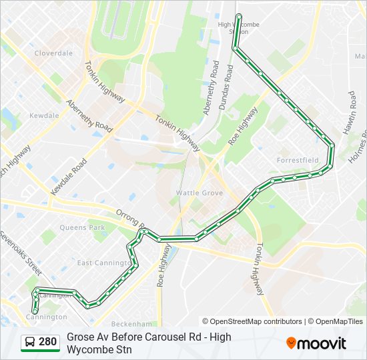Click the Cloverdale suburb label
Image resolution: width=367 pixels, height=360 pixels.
pyautogui.click(x=53, y=53)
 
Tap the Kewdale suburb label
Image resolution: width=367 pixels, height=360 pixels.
pyautogui.click(x=44, y=115)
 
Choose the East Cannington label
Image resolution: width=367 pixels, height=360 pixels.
pyautogui.click(x=103, y=263)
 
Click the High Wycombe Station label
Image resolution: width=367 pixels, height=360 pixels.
pyautogui.click(x=238, y=28)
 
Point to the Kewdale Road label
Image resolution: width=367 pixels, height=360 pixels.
pyautogui.click(x=71, y=176)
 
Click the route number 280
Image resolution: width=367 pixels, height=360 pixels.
pyautogui.click(x=48, y=342)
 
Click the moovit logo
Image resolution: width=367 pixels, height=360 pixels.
pyautogui.click(x=316, y=343)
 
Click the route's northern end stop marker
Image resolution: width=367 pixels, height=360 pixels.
pyautogui.click(x=238, y=15)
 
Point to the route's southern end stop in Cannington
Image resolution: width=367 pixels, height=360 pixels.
pyautogui.click(x=35, y=311)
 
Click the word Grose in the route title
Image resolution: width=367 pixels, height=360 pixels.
pyautogui.click(x=81, y=337)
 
